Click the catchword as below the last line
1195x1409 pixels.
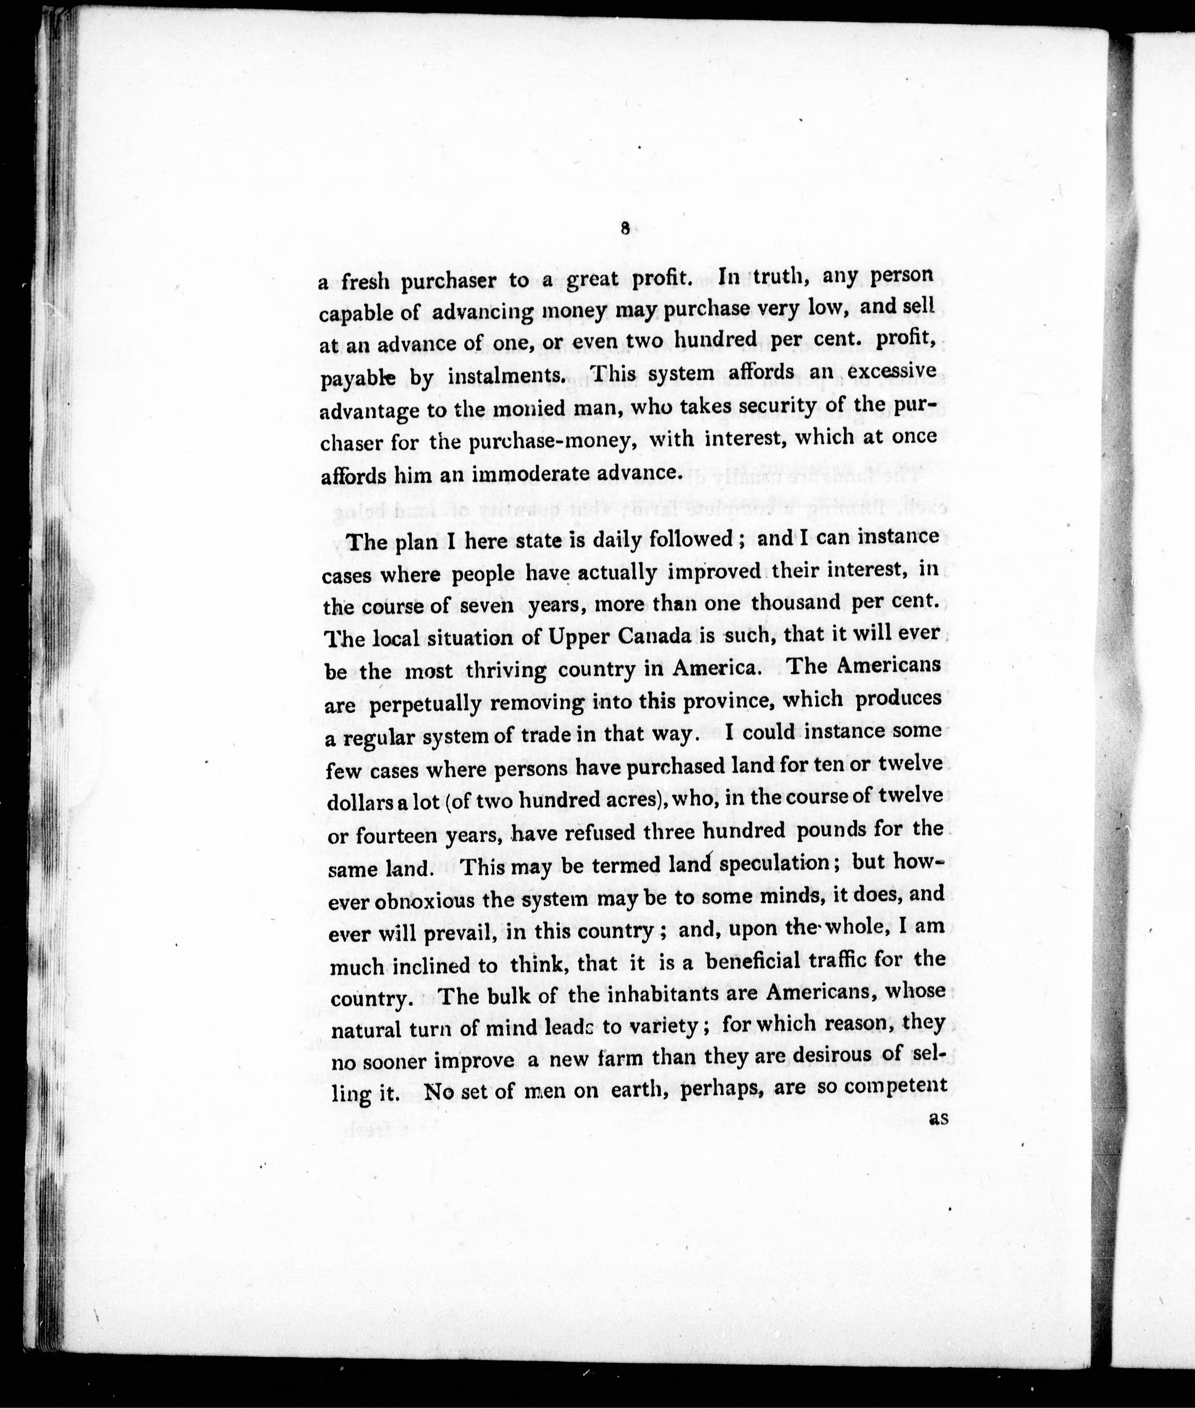938,1119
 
